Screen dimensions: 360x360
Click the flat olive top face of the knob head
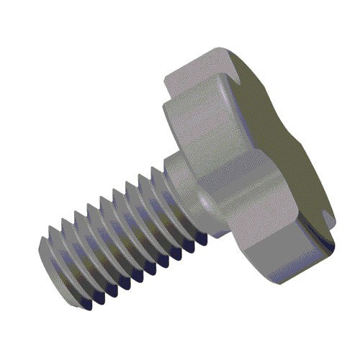coord(288,144)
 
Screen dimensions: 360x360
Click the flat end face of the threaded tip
coord(54,248)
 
